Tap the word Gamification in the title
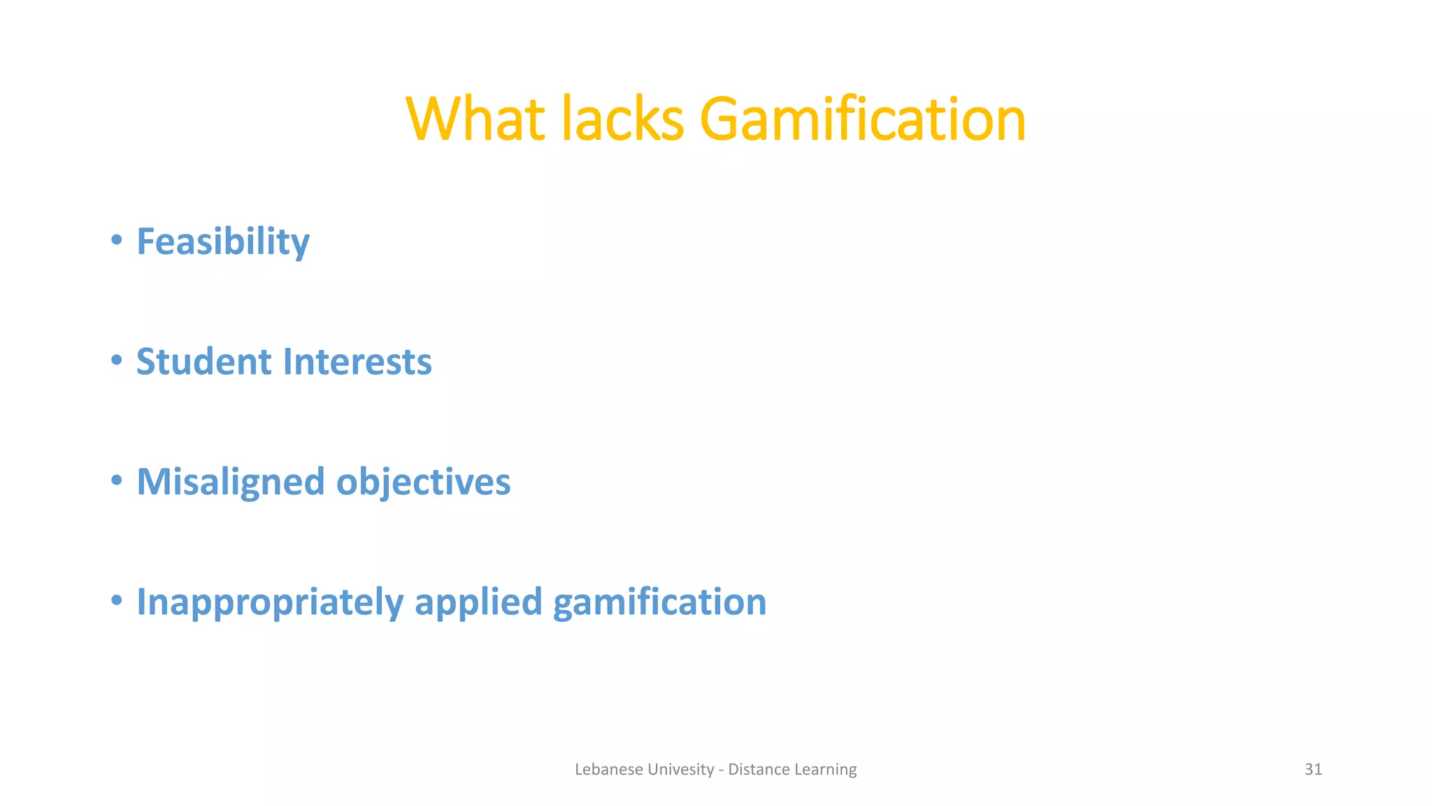(862, 120)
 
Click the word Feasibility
(222, 242)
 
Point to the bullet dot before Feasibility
(117, 241)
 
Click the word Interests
(357, 362)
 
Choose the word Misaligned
(230, 483)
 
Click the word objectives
(423, 483)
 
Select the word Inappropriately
(270, 602)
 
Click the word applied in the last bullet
(478, 602)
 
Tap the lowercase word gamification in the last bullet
(659, 602)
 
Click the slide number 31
(1312, 770)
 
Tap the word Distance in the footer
(757, 770)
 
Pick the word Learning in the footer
(825, 770)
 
